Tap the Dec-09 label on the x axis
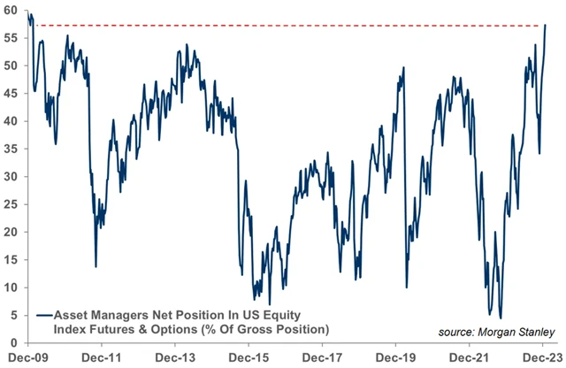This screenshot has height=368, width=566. [x=26, y=357]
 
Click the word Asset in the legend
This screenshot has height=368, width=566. [x=71, y=314]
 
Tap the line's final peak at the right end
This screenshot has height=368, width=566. [x=546, y=25]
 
